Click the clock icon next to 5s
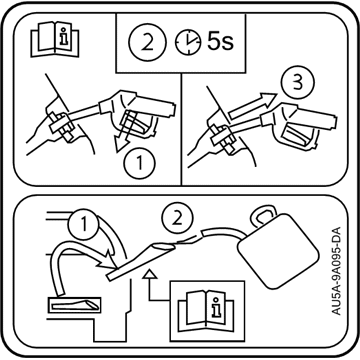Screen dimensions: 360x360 (188, 44)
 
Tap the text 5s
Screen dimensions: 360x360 (220, 42)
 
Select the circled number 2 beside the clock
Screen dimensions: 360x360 (147, 44)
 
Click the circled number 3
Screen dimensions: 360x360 (297, 84)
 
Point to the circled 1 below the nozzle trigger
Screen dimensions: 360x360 (139, 163)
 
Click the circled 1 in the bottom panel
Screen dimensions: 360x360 (84, 224)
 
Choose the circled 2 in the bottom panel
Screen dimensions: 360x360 (177, 218)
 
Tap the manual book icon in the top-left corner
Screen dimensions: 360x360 (55, 39)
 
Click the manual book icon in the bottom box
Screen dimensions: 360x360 (206, 311)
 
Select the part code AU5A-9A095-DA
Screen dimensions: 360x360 (337, 271)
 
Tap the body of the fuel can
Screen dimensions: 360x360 (278, 250)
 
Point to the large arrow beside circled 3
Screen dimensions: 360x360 (253, 105)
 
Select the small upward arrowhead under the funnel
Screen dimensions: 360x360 (149, 274)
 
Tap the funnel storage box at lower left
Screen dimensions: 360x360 (75, 305)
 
